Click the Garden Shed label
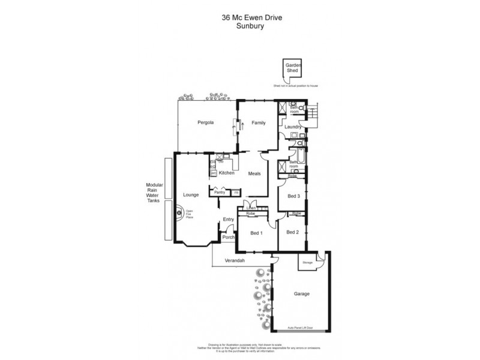[293, 67]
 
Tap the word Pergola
[206, 122]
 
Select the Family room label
[258, 122]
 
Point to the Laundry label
[292, 127]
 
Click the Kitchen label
[226, 173]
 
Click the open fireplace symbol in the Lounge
[179, 211]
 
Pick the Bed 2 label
[292, 232]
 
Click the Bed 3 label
[293, 196]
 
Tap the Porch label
[228, 237]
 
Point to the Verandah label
[235, 261]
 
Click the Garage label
[302, 295]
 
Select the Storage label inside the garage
[307, 262]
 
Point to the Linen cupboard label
[242, 208]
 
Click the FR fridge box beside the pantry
[236, 192]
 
